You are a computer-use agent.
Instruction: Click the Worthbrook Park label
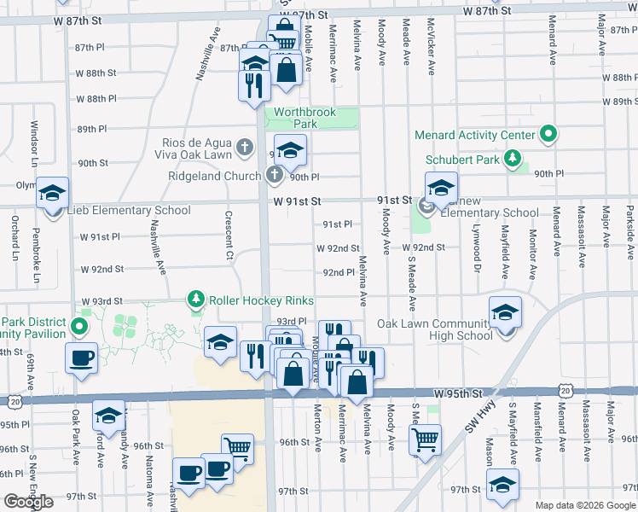coord(303,118)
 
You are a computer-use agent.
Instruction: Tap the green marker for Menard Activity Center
coord(549,135)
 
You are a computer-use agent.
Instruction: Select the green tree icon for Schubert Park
coord(512,158)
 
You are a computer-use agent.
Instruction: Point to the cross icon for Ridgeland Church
coord(274,176)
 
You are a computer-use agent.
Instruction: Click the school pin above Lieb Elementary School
coord(52,193)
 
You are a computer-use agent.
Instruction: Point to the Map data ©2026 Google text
coord(584,505)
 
